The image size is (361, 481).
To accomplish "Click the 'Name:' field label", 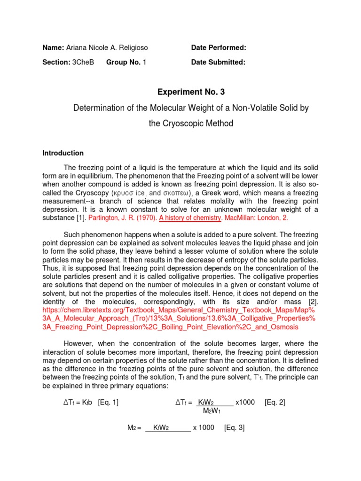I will pyautogui.click(x=53, y=48).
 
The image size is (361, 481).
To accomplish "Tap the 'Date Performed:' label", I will pyautogui.click(x=219, y=48).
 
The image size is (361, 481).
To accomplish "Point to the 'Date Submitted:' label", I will pyautogui.click(x=218, y=62).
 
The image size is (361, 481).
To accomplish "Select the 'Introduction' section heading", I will pyautogui.click(x=63, y=153).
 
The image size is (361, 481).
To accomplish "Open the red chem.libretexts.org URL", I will pyautogui.click(x=179, y=318).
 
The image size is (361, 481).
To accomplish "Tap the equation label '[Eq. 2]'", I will pyautogui.click(x=275, y=403).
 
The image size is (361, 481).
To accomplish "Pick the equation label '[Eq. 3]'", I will pyautogui.click(x=235, y=427).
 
